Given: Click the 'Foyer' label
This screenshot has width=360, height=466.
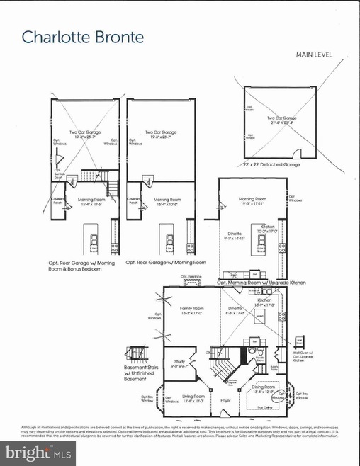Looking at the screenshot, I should (227, 409).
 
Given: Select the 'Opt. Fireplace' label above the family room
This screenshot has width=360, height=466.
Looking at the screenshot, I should (192, 277).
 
